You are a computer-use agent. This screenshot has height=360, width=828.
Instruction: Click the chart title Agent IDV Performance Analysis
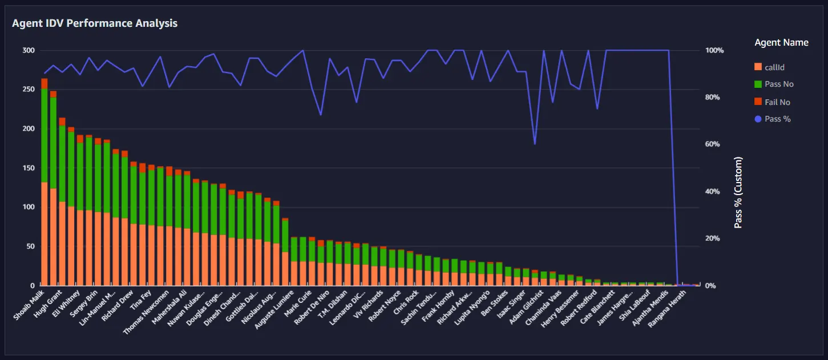(x=95, y=23)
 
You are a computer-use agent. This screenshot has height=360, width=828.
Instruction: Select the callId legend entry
(x=770, y=67)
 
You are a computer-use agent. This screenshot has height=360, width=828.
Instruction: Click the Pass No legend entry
(x=774, y=84)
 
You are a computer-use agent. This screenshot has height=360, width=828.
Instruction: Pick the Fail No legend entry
(x=772, y=102)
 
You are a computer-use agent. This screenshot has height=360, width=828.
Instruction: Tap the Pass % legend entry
(x=773, y=119)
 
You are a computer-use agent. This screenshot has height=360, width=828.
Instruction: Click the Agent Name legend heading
(x=781, y=43)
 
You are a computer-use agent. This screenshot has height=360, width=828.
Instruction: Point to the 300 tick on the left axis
(x=29, y=50)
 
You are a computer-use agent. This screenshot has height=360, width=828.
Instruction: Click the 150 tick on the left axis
(x=29, y=168)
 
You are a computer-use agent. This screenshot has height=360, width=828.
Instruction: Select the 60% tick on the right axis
(x=712, y=144)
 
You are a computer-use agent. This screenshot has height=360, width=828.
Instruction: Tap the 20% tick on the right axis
(x=712, y=238)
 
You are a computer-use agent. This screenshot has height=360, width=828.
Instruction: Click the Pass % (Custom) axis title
(x=738, y=193)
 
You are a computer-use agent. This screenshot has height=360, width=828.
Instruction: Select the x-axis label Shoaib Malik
(x=29, y=305)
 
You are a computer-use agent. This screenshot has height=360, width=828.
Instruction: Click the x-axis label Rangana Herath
(x=667, y=309)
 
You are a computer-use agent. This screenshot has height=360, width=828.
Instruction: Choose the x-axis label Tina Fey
(x=141, y=300)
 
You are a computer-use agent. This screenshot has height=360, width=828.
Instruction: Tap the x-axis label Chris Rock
(x=406, y=302)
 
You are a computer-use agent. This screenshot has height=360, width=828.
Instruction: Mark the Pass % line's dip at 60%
(x=535, y=144)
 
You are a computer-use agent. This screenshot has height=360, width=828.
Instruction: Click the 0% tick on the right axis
(x=710, y=286)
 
